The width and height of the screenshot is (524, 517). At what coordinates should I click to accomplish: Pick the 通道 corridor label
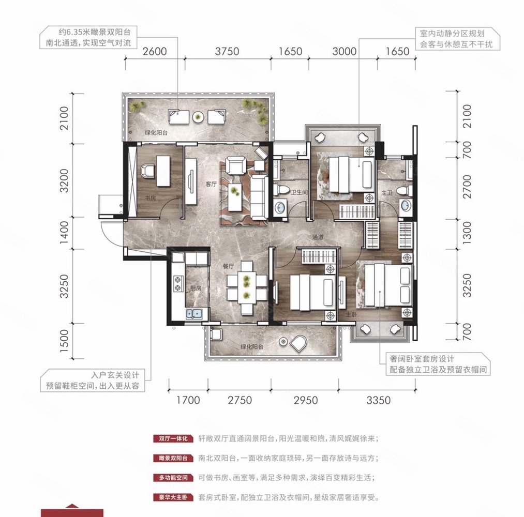(318, 237)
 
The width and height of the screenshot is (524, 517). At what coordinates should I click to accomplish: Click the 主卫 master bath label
(386, 192)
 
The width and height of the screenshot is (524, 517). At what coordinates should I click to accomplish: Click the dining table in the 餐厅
(247, 287)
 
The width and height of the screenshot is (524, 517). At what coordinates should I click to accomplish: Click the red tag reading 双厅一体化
(172, 439)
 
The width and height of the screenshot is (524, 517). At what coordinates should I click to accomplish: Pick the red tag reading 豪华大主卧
(172, 498)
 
